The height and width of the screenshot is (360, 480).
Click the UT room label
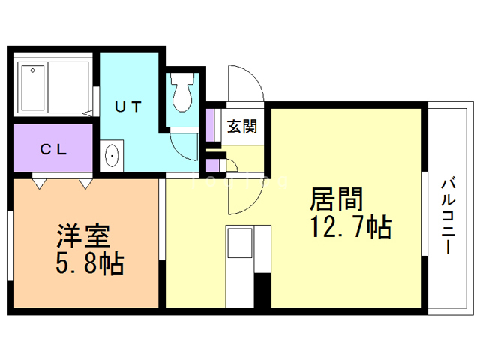point(127,106)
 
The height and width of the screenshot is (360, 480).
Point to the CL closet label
point(53,149)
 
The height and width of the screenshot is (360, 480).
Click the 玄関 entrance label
point(242,126)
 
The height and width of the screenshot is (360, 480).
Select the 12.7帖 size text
point(349,226)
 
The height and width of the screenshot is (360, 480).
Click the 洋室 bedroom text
point(83,236)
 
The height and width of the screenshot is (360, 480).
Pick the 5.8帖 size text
point(89,263)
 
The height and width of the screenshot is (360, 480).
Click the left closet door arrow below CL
point(37,182)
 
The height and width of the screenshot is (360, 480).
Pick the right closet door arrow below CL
point(85,182)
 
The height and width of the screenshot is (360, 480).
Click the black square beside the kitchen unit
point(262,291)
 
